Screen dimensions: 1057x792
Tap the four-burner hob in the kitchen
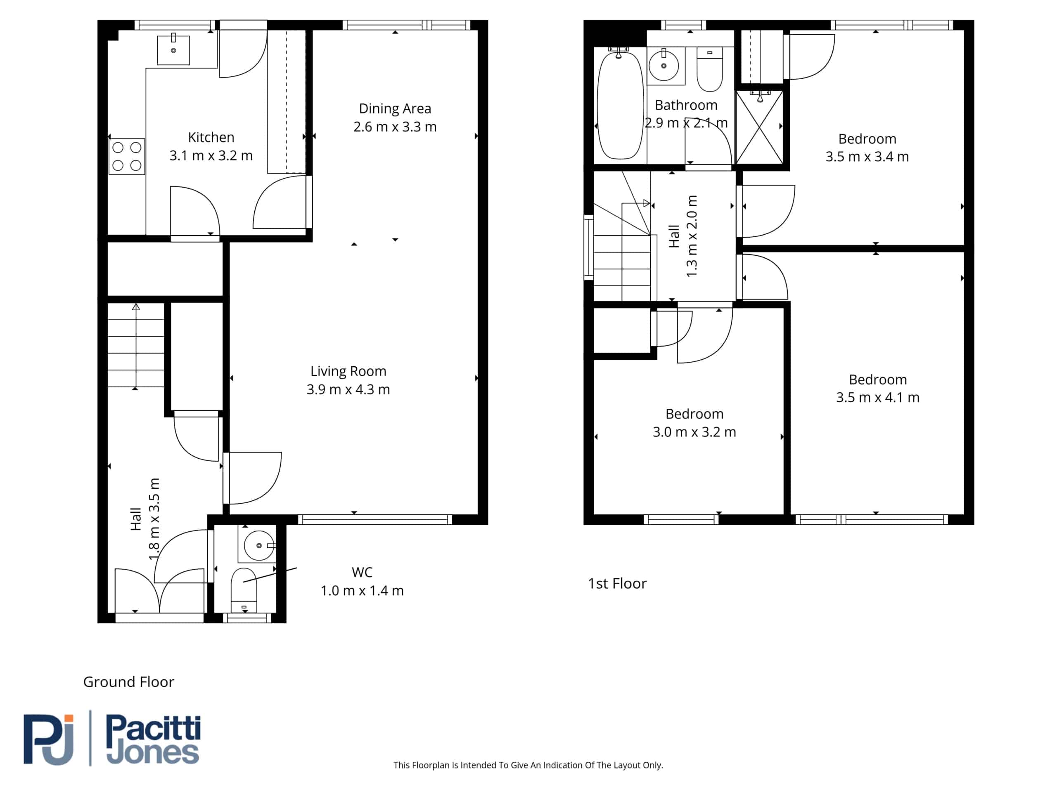(x=127, y=156)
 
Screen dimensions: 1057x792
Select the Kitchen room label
(x=211, y=137)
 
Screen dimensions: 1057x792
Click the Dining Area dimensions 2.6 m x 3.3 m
(x=395, y=127)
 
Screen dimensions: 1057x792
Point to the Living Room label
(x=348, y=371)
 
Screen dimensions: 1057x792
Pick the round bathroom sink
(x=664, y=66)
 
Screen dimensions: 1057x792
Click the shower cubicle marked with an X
(x=759, y=127)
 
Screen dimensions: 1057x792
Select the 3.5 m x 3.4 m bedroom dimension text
(x=867, y=157)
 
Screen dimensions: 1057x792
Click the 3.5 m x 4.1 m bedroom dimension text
(x=878, y=398)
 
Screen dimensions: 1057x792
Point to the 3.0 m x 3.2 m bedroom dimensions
(x=694, y=432)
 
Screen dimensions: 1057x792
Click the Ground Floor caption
(x=128, y=682)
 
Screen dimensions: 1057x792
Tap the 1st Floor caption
(x=617, y=583)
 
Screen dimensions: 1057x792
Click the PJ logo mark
(x=49, y=740)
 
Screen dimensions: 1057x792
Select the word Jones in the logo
(x=152, y=753)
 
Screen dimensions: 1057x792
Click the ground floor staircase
(x=136, y=345)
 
